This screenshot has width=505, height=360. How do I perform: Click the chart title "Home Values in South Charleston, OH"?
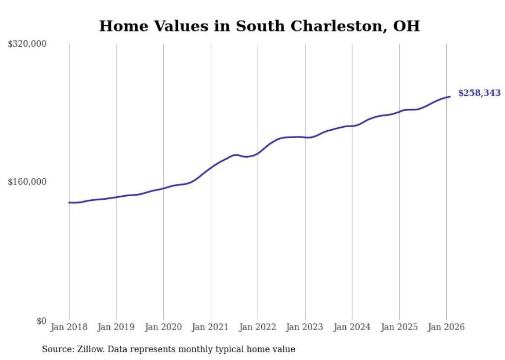coord(259,26)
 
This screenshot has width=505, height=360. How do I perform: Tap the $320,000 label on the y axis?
coord(27,44)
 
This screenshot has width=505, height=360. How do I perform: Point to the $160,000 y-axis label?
coord(27,182)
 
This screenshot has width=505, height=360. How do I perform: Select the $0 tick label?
coord(41,321)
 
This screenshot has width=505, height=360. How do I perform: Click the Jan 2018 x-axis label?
coord(69,328)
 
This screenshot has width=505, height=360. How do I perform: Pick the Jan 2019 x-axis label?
coord(116,328)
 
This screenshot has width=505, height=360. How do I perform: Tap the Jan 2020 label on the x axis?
coord(163,328)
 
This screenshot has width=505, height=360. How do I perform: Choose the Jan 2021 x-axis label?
coord(210,328)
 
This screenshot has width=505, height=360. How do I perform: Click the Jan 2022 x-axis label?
coord(258,328)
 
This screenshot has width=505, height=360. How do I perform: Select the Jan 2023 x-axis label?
coord(305,328)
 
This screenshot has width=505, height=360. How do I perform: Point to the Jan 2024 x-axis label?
coord(352,328)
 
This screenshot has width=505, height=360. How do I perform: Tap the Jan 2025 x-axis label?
coord(399,328)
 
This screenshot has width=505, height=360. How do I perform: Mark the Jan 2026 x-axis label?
coord(446,328)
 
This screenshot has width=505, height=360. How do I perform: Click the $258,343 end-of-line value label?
coord(479,93)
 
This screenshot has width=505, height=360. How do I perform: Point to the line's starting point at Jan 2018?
coord(69,202)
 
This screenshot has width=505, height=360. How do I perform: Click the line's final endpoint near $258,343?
coord(450,96)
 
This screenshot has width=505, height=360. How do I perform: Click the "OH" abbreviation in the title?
coord(407,26)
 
